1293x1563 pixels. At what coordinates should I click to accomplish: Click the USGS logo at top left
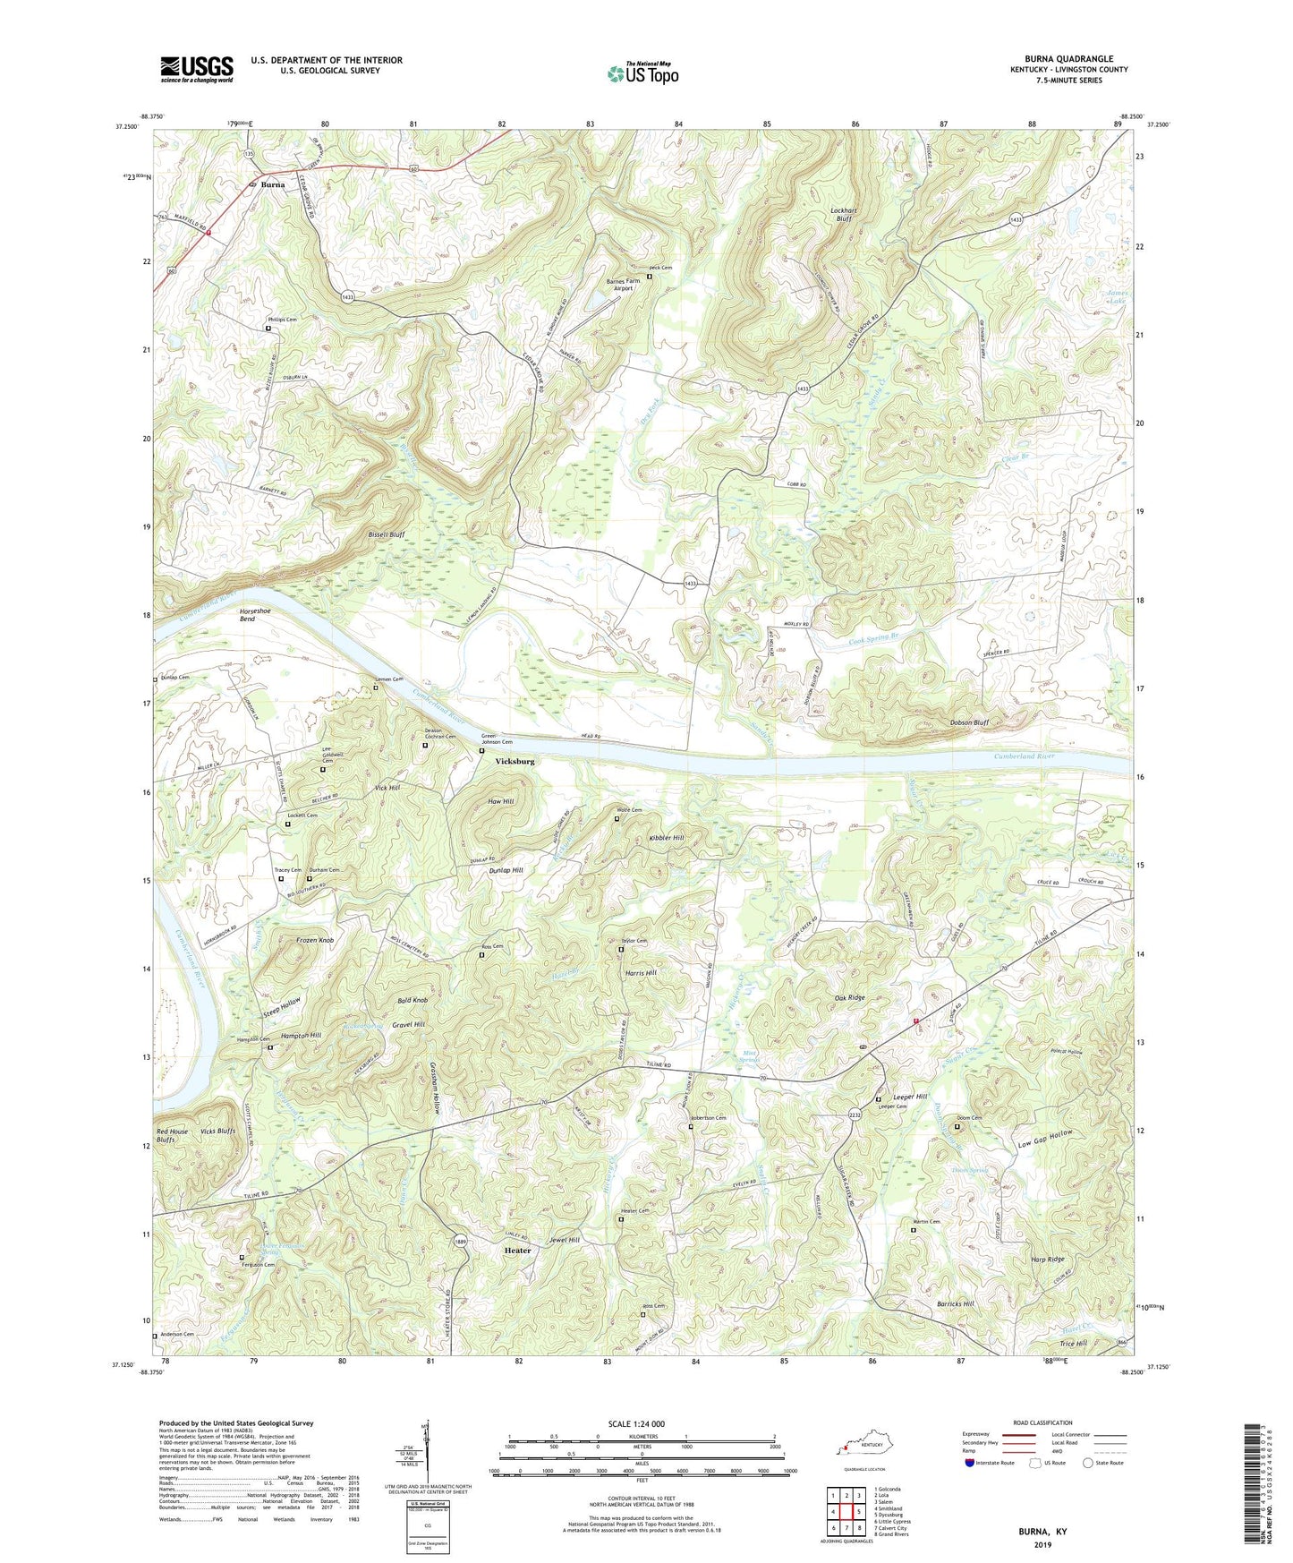pos(197,69)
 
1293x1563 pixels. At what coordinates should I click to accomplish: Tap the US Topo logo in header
pos(643,73)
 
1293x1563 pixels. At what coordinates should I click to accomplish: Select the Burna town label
pos(273,185)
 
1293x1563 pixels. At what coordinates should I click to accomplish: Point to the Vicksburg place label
pos(515,762)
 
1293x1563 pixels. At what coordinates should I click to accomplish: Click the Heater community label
pos(517,1251)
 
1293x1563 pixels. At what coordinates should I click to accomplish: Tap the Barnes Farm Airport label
pos(623,285)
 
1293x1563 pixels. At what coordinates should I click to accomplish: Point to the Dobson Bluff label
pos(968,722)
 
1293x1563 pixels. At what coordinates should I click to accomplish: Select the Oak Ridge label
pos(849,997)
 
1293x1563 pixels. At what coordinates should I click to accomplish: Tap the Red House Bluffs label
pos(173,1135)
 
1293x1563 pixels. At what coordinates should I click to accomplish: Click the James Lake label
pos(1117,297)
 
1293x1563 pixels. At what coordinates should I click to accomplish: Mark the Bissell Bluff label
pos(387,534)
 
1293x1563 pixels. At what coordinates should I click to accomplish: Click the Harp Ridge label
pos(1046,1260)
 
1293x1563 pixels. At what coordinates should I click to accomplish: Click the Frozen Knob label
pos(315,941)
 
